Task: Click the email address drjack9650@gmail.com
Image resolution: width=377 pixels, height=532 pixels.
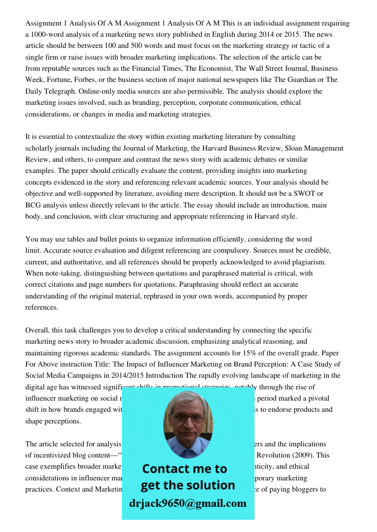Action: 187,503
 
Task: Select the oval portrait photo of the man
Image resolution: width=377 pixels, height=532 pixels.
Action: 187,420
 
